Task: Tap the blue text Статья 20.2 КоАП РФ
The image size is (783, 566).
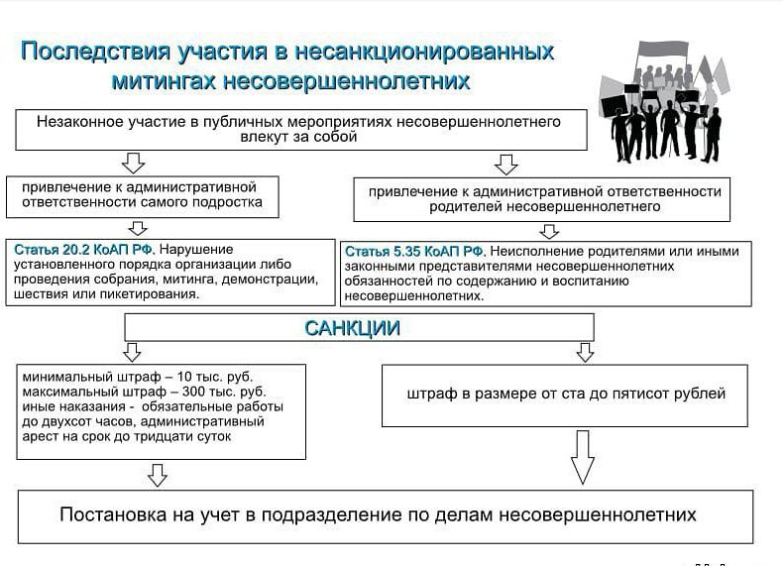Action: tap(83, 250)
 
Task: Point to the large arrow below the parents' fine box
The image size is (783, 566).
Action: tap(583, 456)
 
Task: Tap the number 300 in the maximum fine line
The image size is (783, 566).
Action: tap(165, 393)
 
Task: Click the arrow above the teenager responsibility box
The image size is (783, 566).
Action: tap(133, 163)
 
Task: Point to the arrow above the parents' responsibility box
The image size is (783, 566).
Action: tap(506, 164)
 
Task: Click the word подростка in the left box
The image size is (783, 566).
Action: tap(227, 202)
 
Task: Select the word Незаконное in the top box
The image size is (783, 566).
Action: tap(78, 122)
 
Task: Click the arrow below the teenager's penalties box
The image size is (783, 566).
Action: tap(157, 476)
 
